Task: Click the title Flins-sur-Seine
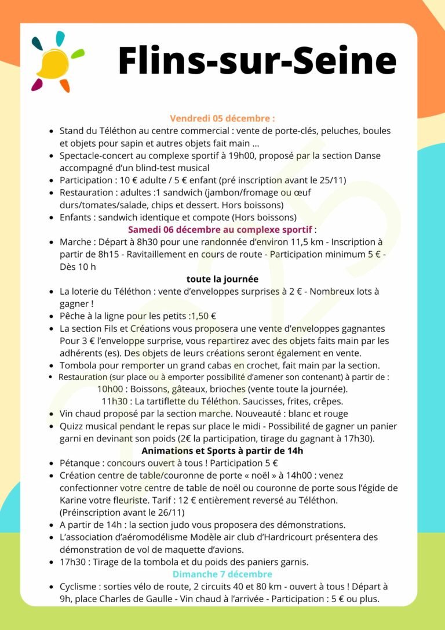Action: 257,60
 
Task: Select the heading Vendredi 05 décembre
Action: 222,118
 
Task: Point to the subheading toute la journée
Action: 222,279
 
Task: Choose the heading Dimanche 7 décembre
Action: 222,574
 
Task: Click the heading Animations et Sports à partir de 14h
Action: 222,451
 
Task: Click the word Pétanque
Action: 79,463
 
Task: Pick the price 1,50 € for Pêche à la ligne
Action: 203,316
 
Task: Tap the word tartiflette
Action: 169,401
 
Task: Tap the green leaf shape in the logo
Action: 77,54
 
